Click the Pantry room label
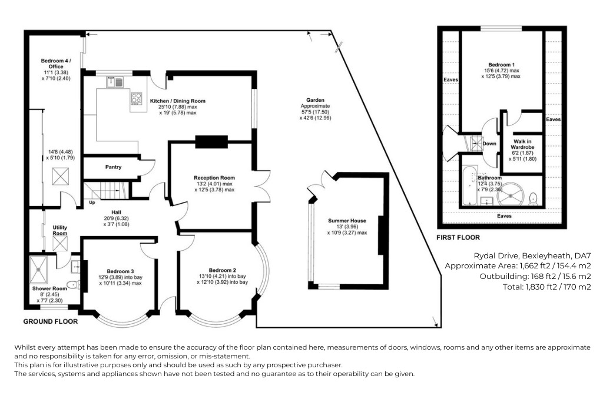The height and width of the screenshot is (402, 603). (113, 167)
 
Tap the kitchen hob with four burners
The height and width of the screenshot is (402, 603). (137, 99)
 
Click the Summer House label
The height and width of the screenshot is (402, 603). (347, 221)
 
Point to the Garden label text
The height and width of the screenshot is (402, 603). (315, 100)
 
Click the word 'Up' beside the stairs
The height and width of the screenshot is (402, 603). (91, 202)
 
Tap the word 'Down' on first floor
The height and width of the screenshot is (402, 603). (489, 143)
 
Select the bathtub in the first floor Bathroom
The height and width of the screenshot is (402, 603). (469, 187)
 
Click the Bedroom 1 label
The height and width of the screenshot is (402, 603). (501, 65)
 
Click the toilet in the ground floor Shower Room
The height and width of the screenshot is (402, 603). (72, 285)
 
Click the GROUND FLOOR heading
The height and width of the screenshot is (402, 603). (50, 321)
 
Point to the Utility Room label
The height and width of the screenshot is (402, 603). (61, 230)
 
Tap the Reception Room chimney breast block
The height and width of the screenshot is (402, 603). (211, 141)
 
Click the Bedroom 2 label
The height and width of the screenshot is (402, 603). (222, 270)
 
